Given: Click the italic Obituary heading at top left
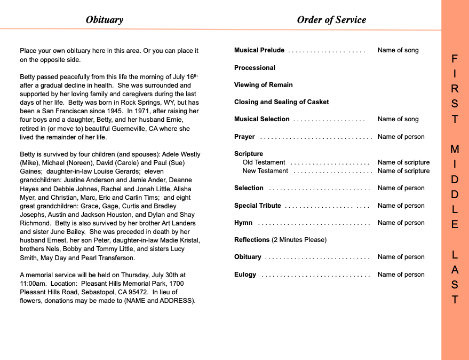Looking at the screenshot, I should click(105, 20).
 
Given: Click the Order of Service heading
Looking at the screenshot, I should click(331, 20).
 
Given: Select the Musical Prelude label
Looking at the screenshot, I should click(259, 50).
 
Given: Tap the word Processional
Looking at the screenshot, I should click(255, 68).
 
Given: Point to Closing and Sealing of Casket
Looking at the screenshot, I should click(281, 102).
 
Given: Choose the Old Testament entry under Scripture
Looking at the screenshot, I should click(264, 162).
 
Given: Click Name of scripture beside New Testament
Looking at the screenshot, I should click(403, 171).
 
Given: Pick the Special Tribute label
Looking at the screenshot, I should click(257, 206).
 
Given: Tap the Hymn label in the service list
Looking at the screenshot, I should click(243, 223).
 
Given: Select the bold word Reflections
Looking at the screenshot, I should click(252, 240).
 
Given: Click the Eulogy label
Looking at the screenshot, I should click(245, 275).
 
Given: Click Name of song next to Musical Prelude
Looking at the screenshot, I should click(398, 50).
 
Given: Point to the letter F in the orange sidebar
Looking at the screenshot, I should click(455, 58).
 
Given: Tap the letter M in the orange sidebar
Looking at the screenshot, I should click(455, 148).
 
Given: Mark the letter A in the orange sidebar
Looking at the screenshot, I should click(455, 270).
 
